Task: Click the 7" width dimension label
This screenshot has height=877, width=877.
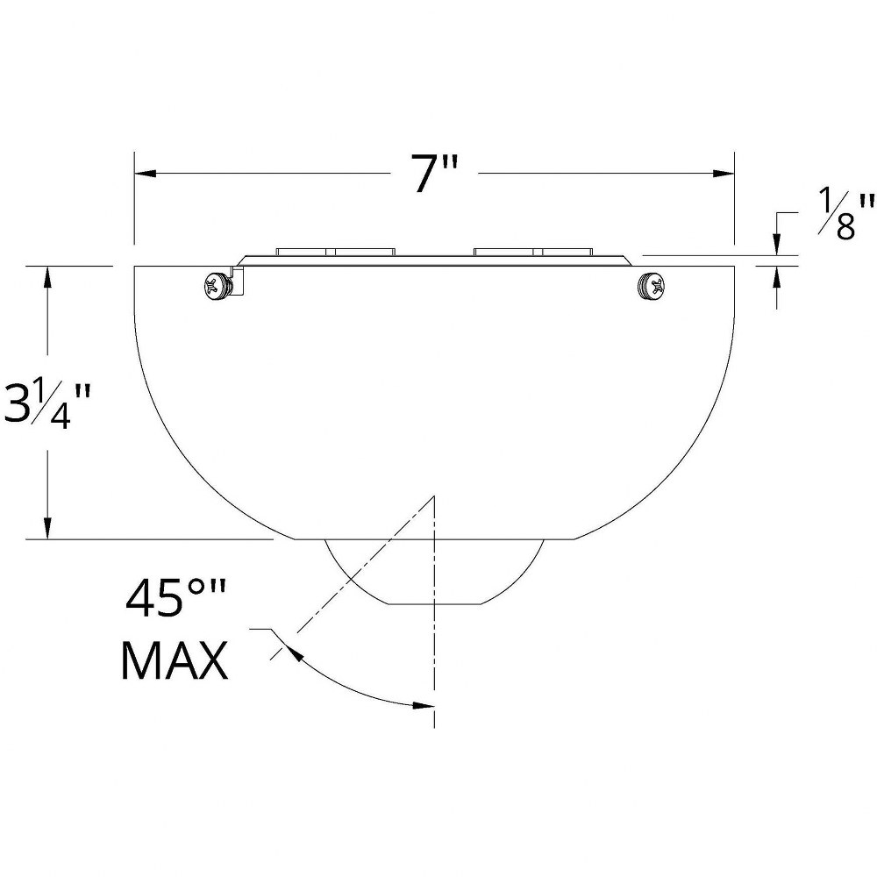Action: point(435,173)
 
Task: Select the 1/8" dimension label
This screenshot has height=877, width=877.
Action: point(845,215)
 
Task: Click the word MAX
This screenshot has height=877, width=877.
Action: point(175,660)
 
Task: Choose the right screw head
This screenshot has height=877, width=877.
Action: point(652,286)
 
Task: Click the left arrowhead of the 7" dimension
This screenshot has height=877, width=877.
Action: point(145,173)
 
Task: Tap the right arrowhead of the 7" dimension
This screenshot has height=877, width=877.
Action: point(724,173)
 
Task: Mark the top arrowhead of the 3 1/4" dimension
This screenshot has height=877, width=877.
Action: point(47,277)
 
